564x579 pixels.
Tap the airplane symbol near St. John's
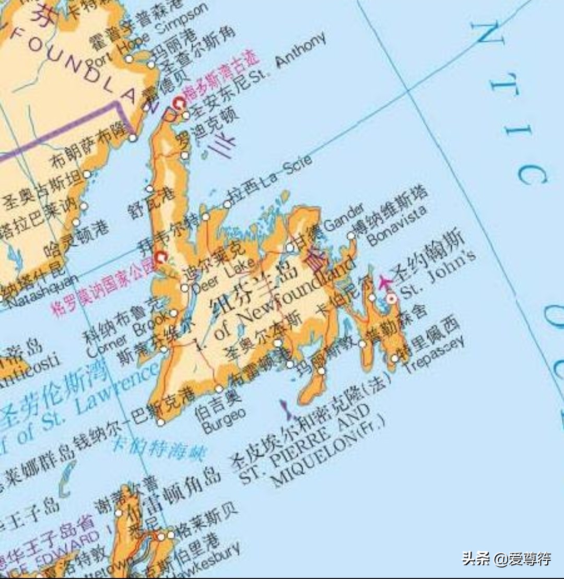click(386, 281)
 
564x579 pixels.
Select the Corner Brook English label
click(127, 334)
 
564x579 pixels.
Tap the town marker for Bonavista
click(351, 235)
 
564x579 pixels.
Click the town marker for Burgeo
click(219, 389)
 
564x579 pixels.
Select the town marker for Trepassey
click(395, 358)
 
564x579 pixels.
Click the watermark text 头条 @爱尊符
click(506, 559)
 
